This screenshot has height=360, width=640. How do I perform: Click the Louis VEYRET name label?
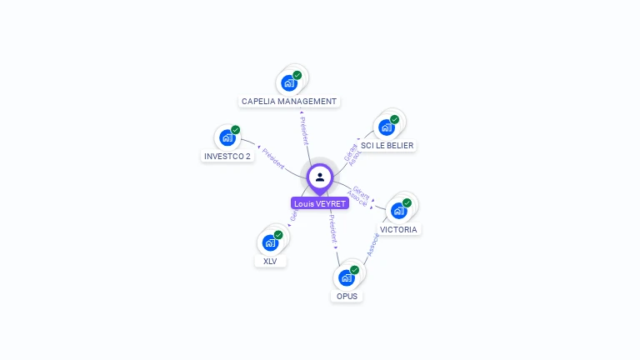(x=320, y=203)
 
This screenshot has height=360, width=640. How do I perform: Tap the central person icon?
(x=320, y=177)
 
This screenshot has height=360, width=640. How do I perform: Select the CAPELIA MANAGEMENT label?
(x=289, y=102)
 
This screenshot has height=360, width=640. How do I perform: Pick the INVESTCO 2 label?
(x=227, y=156)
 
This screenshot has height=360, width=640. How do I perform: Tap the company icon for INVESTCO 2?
(x=227, y=137)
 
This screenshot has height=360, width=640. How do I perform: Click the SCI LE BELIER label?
(x=387, y=145)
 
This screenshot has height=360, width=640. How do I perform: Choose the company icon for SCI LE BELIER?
(x=386, y=127)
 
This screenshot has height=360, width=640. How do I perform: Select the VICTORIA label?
(x=398, y=229)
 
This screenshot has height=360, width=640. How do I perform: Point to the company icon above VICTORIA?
(x=398, y=210)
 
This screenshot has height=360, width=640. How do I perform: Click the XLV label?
(x=270, y=261)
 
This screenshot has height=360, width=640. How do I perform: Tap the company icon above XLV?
(x=269, y=242)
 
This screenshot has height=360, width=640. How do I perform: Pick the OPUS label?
(x=347, y=296)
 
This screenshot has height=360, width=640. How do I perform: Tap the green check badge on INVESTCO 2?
(x=236, y=130)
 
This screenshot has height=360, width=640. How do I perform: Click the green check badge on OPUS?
(x=355, y=270)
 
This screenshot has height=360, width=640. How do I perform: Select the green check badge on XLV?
(x=278, y=235)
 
